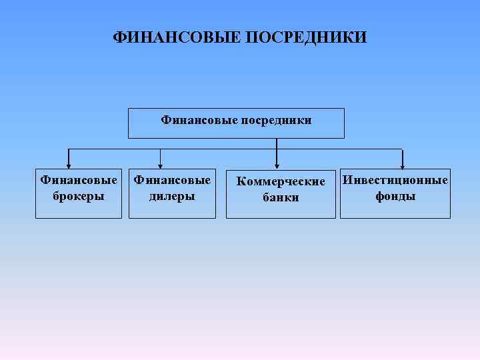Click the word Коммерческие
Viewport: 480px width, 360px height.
coord(281,181)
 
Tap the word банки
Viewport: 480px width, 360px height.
coord(281,197)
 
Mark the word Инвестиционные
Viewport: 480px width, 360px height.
coord(395,181)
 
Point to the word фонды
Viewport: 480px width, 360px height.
coord(395,196)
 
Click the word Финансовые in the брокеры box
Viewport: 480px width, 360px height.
coord(79,180)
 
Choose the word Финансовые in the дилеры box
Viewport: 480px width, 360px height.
coord(172,180)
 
